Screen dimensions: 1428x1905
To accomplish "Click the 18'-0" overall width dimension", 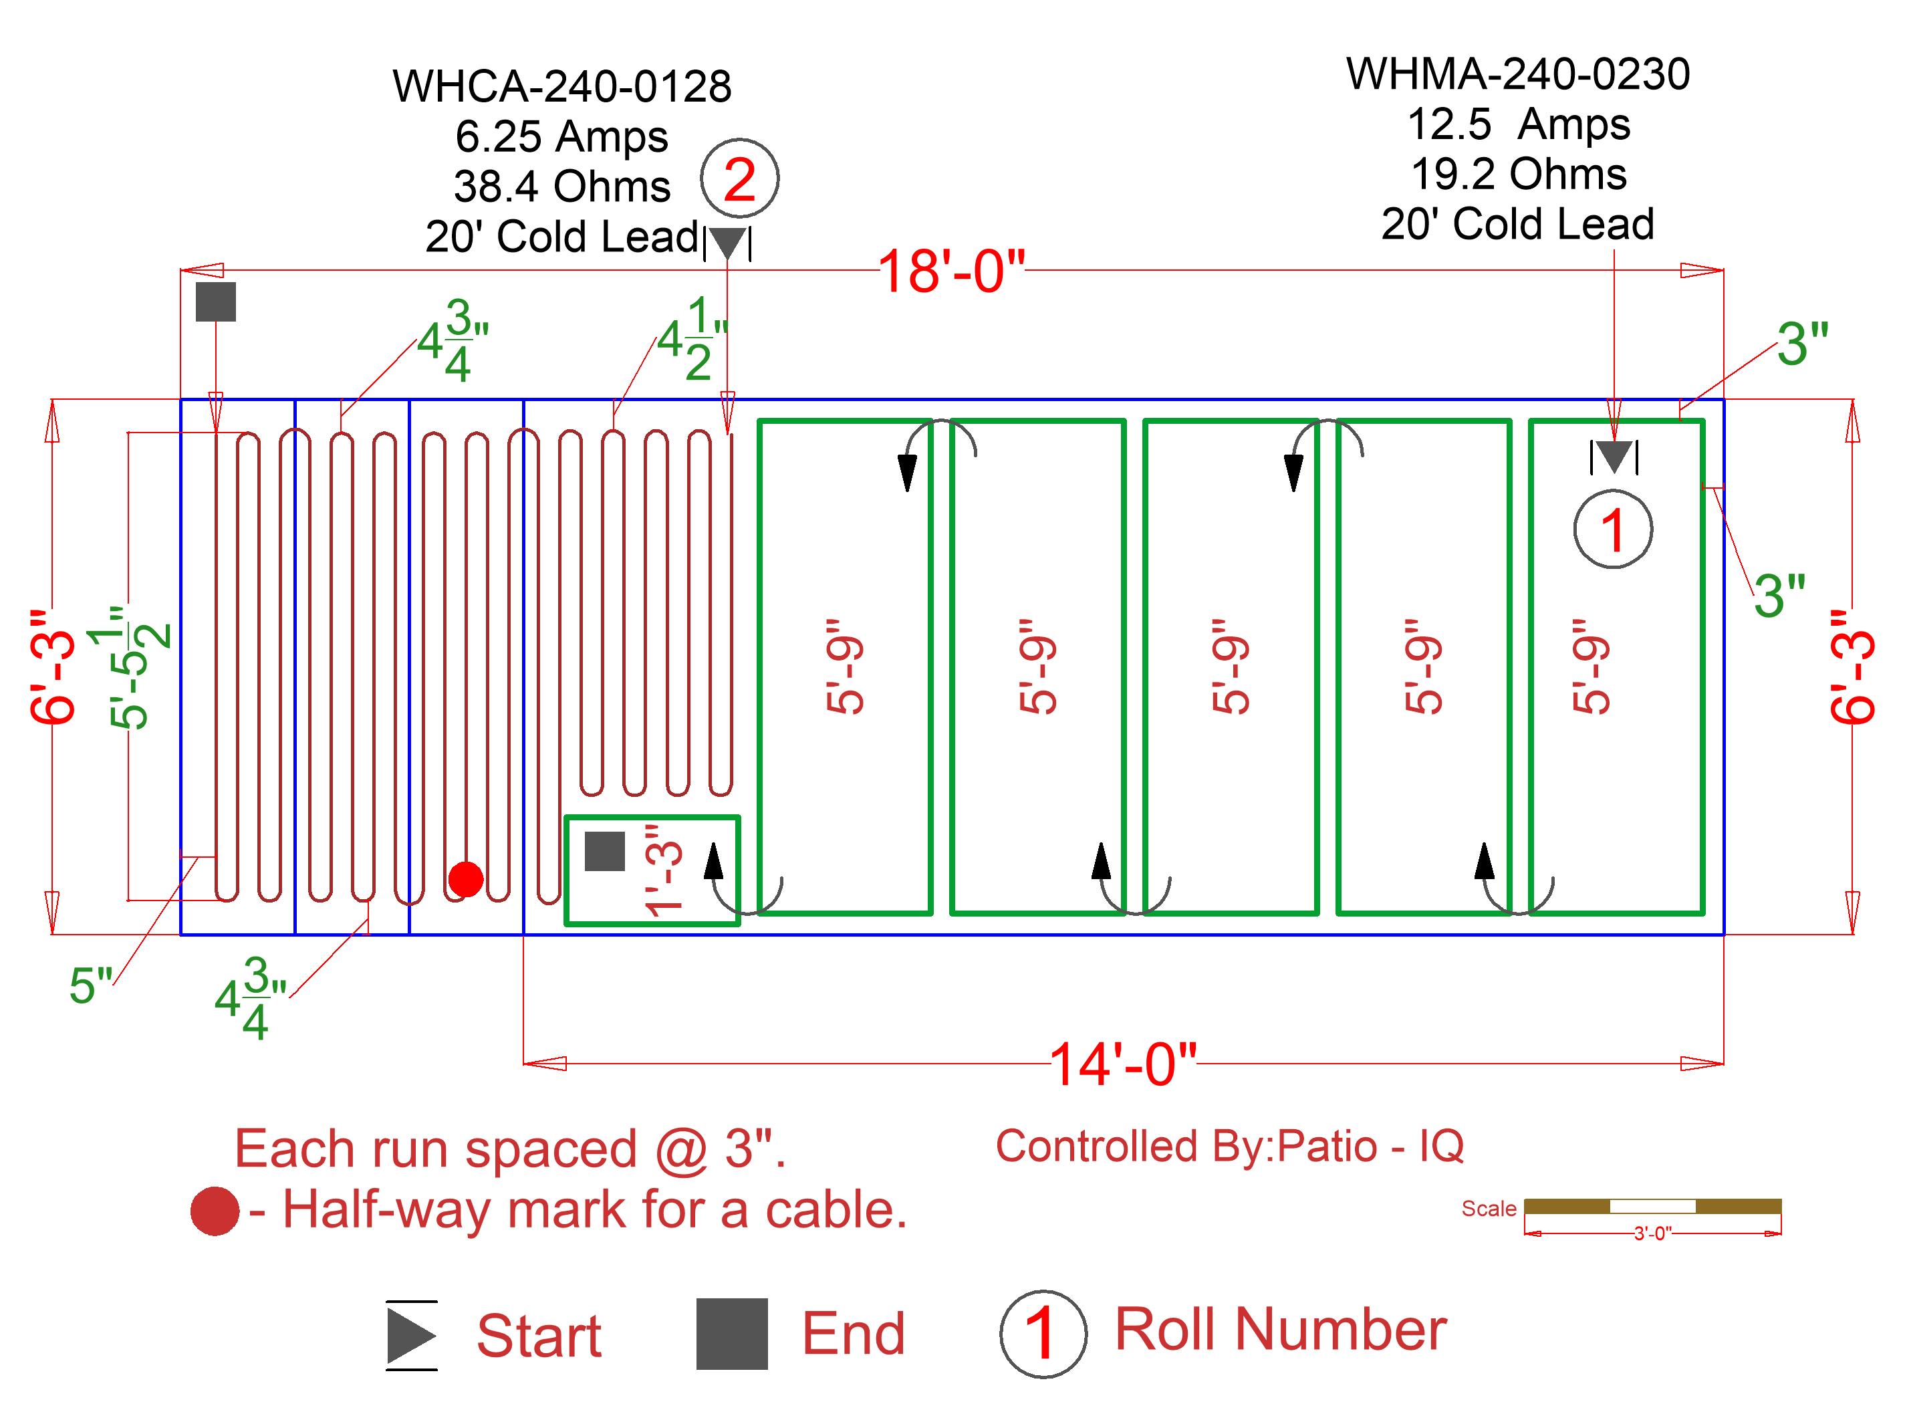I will [950, 272].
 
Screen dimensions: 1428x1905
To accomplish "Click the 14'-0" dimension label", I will [1122, 1064].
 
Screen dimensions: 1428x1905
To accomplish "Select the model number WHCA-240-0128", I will [561, 87].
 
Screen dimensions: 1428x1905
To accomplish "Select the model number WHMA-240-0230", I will [1517, 74].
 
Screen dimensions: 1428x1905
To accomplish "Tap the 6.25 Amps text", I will [561, 136].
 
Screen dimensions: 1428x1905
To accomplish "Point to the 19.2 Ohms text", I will [1518, 174].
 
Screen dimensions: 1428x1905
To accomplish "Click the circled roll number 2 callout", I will [739, 179].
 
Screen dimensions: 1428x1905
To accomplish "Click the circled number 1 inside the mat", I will [1612, 529].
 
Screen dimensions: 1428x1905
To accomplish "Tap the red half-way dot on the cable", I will [466, 878].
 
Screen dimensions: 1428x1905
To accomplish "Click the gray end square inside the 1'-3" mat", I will [604, 851].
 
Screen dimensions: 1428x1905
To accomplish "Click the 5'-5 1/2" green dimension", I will [138, 667].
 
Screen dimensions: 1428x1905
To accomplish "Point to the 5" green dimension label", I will [90, 985].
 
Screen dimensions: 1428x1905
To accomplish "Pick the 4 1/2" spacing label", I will [692, 338].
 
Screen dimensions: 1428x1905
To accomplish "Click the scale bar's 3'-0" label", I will [1652, 1233].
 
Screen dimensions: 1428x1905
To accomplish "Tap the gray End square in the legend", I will [731, 1333].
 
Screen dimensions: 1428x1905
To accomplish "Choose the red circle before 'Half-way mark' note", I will [215, 1211].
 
